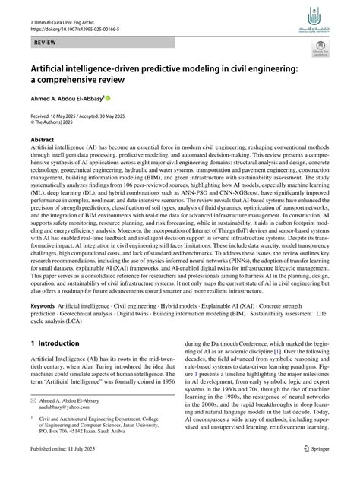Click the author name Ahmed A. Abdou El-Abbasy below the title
(x=65, y=100)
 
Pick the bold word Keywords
(x=41, y=324)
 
